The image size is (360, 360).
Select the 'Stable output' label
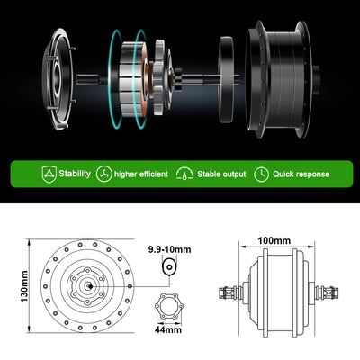tap(222, 174)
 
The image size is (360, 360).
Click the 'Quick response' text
tap(301, 174)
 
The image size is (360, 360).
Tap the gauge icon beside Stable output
tap(186, 174)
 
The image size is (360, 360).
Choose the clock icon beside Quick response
tap(262, 174)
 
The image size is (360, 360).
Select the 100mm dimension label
tap(274, 239)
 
